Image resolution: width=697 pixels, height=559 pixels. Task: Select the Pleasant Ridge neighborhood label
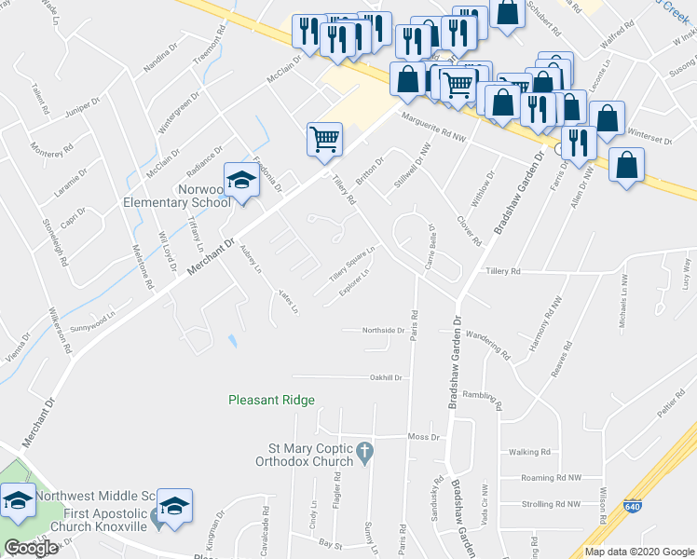point(272,400)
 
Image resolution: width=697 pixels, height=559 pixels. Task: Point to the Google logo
point(32,548)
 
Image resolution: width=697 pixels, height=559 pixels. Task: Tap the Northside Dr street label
point(385,330)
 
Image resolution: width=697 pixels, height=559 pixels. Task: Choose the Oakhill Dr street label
point(386,377)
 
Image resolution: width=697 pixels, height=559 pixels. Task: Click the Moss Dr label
point(422,437)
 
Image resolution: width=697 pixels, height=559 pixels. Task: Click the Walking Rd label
point(530,453)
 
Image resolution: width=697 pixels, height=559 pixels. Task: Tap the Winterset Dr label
point(649,138)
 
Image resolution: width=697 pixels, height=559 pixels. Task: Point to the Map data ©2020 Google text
point(640,552)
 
